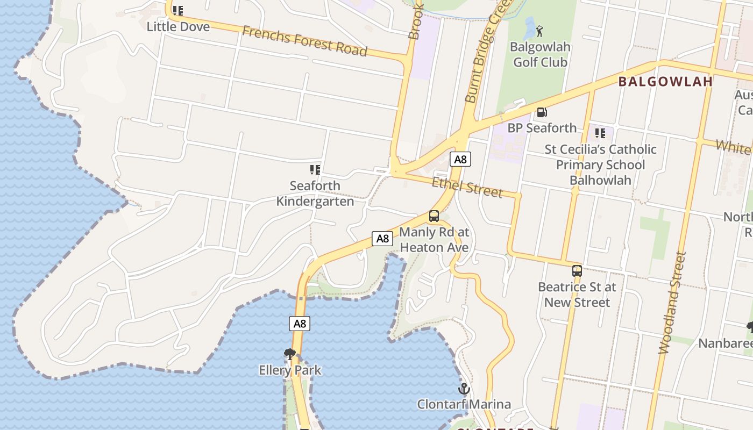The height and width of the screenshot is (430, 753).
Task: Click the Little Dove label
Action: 178,26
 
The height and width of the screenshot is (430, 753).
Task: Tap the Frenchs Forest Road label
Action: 304,41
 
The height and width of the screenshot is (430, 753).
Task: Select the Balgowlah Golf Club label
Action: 540,54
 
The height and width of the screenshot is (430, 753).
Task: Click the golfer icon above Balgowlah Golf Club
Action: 540,31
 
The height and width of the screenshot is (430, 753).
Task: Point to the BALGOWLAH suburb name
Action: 665,82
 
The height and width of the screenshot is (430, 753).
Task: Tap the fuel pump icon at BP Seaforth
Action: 542,112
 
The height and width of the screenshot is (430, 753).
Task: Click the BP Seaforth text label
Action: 542,128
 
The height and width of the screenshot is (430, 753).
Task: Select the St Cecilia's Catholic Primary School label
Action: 600,164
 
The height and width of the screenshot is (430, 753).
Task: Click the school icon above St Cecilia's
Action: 600,133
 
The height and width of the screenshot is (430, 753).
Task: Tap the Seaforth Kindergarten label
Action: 315,193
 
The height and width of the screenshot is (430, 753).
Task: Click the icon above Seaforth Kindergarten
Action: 315,170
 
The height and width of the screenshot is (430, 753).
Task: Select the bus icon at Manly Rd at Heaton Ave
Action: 434,217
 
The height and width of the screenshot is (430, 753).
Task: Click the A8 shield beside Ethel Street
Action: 460,159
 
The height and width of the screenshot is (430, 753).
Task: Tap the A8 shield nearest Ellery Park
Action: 300,324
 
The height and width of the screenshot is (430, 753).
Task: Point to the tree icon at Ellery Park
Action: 290,354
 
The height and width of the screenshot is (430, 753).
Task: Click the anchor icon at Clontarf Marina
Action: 464,389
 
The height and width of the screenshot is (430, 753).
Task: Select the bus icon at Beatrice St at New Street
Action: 577,271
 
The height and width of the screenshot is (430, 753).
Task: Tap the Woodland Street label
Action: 673,303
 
